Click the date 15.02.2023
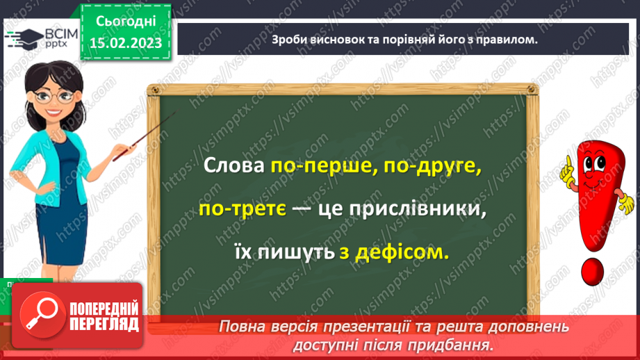[125, 42]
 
